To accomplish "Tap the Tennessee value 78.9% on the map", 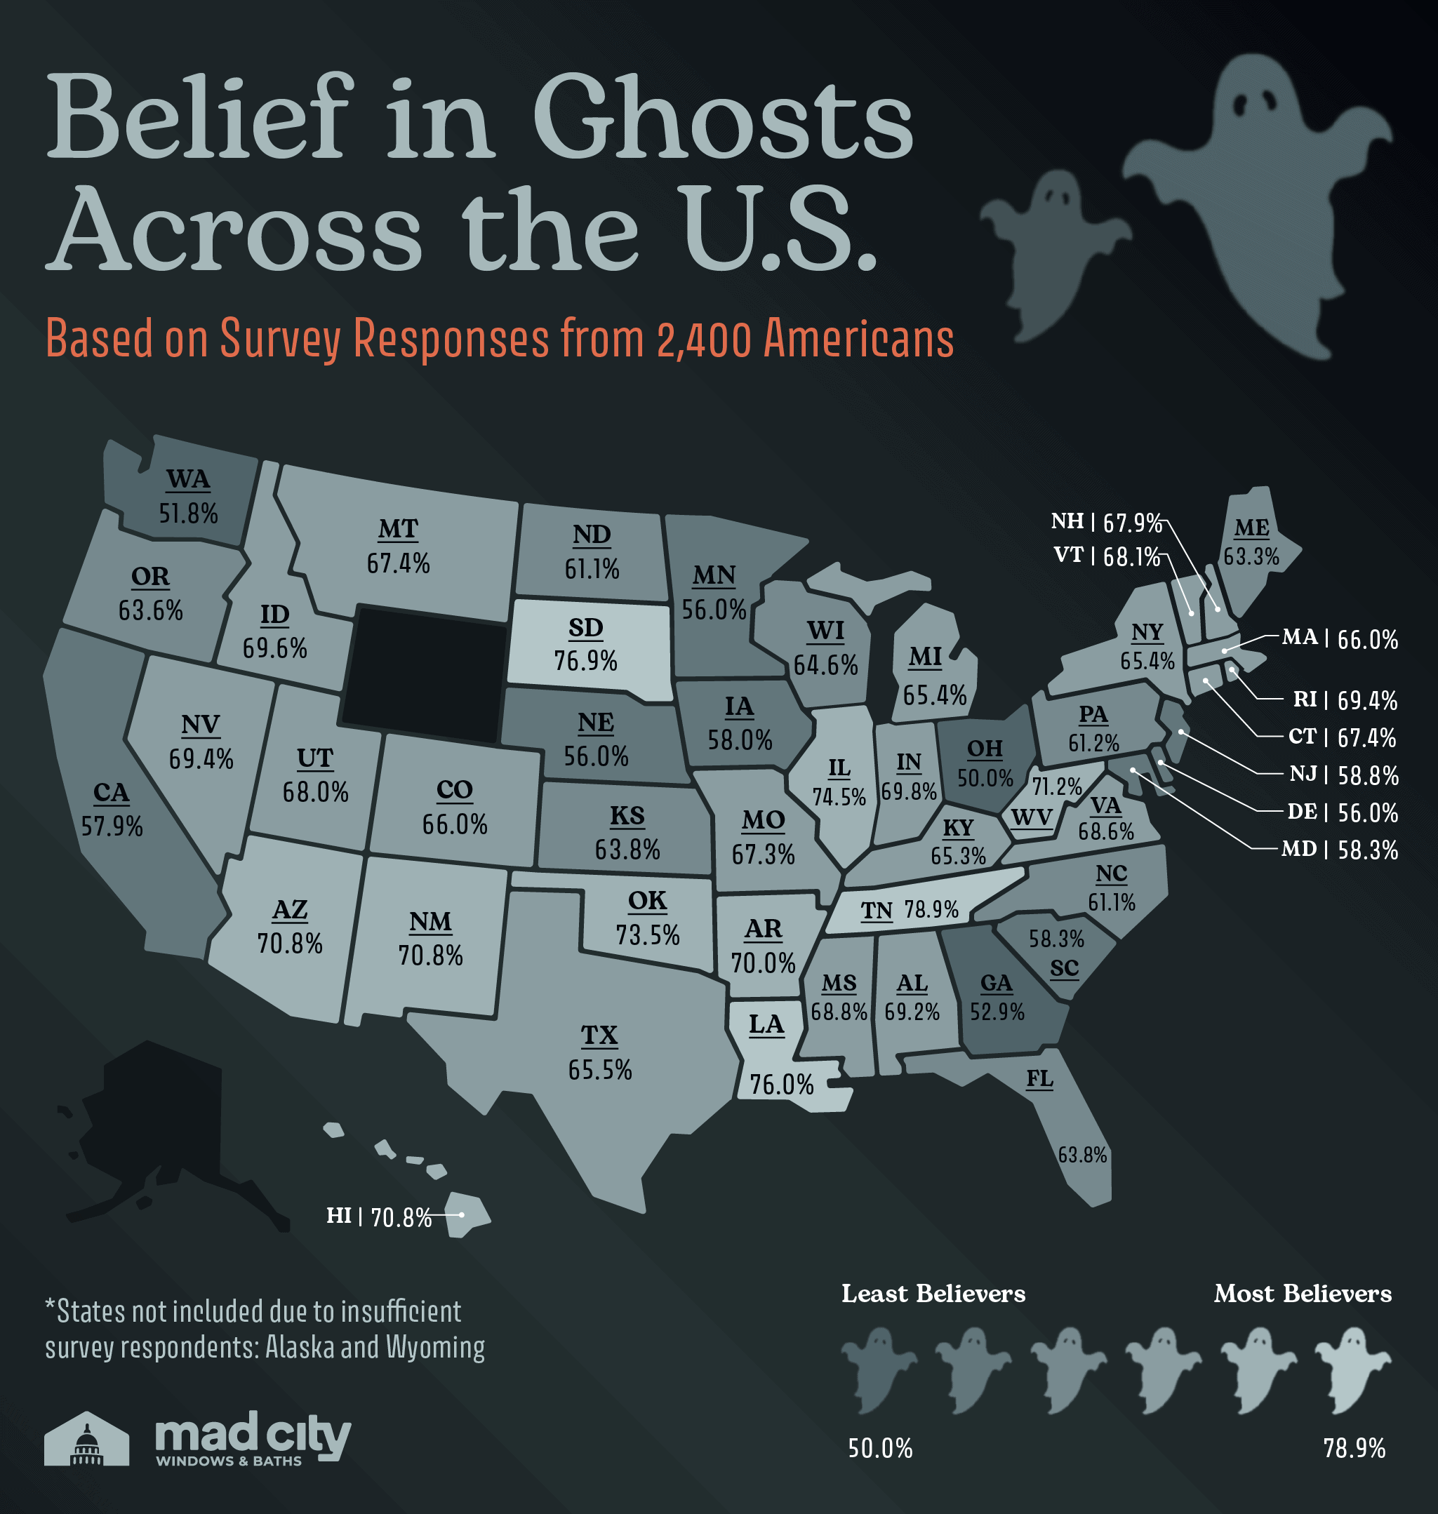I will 931,909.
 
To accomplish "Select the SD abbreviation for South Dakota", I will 585,629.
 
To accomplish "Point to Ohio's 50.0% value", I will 985,779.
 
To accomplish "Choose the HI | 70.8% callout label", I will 380,1217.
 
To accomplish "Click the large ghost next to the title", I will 1257,199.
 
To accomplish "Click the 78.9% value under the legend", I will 1354,1448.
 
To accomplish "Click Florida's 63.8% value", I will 1082,1154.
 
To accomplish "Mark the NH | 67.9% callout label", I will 1106,523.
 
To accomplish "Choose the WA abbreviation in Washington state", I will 188,480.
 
